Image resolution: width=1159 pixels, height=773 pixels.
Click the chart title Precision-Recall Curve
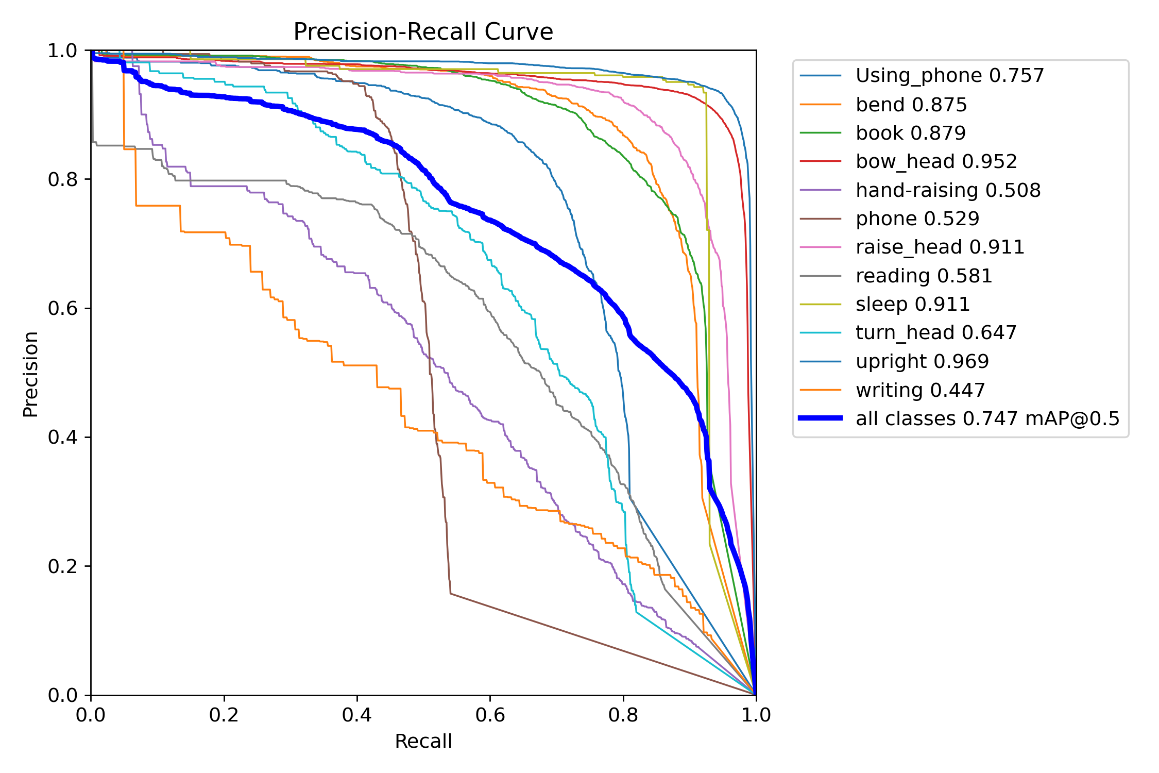coord(423,32)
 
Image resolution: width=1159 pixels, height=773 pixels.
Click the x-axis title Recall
coord(423,741)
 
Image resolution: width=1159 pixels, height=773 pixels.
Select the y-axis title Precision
coord(30,374)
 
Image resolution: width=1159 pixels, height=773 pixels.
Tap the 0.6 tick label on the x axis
coord(490,715)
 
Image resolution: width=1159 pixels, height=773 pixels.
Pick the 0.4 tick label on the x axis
coord(357,715)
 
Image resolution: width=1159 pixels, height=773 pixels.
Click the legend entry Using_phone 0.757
coord(949,76)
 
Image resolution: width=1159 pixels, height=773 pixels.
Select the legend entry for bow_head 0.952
coord(936,161)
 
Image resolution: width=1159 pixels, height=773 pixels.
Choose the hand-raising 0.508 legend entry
coord(948,190)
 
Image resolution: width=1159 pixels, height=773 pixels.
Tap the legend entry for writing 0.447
coord(920,390)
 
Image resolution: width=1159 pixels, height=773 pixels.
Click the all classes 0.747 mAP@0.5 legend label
coord(987,418)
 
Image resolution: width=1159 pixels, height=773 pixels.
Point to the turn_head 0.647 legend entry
coord(936,333)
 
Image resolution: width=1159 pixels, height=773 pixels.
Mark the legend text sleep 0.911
coord(912,304)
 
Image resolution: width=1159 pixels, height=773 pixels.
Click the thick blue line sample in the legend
coord(820,418)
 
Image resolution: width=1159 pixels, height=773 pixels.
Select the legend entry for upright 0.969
coord(922,361)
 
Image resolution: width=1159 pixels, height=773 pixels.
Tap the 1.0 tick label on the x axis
coord(756,715)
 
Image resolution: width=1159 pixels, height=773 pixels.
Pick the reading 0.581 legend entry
coord(924,276)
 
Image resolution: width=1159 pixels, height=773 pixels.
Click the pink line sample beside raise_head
coord(820,247)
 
